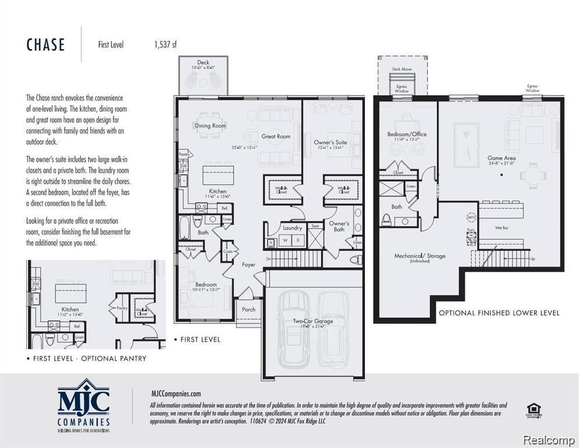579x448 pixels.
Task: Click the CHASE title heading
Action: click(x=45, y=45)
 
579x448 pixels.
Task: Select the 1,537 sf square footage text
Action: click(x=165, y=44)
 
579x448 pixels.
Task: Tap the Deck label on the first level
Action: click(x=203, y=62)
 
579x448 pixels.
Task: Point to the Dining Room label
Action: click(x=210, y=125)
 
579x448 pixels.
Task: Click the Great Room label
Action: click(x=276, y=136)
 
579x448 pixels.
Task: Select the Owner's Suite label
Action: click(x=331, y=142)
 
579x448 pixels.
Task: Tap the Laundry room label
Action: click(x=292, y=228)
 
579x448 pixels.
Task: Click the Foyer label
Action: click(x=249, y=264)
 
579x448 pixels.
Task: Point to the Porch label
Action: click(x=249, y=309)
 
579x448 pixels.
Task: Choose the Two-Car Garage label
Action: click(x=313, y=321)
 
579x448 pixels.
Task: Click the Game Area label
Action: click(x=501, y=158)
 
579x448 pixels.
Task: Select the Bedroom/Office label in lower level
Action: click(x=407, y=134)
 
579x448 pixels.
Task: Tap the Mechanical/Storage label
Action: click(x=420, y=256)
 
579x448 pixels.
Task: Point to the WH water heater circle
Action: click(x=471, y=218)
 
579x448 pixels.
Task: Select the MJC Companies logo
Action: click(x=83, y=405)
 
